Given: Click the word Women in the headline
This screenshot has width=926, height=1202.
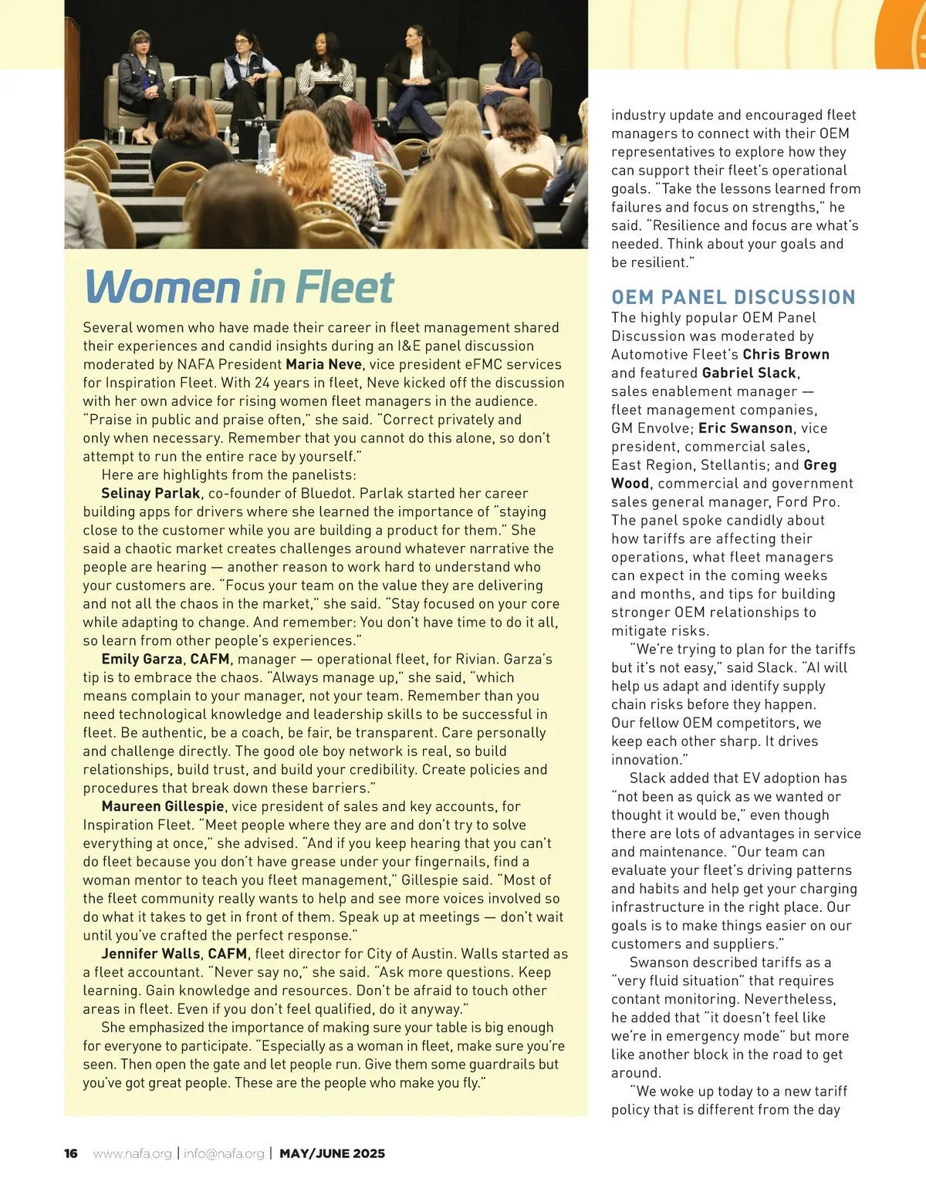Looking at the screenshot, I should (162, 287).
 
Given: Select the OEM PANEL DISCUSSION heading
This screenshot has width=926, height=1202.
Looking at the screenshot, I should (733, 297).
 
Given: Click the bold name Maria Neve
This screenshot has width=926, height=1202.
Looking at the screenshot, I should (323, 364).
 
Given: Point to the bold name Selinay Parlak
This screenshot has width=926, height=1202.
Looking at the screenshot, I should (150, 493).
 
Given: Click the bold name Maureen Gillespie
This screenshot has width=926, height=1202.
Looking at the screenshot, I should (163, 806).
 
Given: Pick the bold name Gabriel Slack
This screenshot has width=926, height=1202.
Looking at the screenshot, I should (749, 373).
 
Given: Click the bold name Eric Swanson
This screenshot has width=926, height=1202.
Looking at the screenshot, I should (745, 428).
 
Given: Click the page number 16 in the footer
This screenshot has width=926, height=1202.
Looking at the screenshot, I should (71, 1153).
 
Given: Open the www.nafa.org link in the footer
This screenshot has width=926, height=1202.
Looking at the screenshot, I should (132, 1153).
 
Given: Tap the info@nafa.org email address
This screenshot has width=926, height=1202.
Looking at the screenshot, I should (224, 1153).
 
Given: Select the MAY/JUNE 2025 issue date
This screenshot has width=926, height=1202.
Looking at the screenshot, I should (332, 1153).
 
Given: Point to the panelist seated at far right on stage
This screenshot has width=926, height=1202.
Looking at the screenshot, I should (525, 77).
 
